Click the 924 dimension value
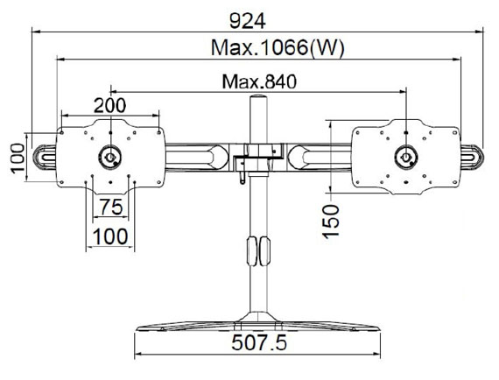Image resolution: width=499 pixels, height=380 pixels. coord(247,22)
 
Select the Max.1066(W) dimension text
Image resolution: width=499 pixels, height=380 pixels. coord(278,48)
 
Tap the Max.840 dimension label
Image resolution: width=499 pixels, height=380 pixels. coord(259,81)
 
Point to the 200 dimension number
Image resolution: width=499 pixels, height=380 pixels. coord(109,105)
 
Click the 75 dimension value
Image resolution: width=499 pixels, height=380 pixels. coord(111,207)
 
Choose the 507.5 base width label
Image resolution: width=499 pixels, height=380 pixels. coord(259,342)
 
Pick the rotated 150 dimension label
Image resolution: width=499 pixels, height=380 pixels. coord(331,222)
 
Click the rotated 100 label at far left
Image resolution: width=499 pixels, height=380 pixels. coord(18,158)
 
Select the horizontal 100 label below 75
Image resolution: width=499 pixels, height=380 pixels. coord(110,236)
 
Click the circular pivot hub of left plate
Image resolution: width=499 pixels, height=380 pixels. coord(110,157)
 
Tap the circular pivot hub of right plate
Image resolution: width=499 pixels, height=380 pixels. coord(406,157)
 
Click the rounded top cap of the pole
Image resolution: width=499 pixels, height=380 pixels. coord(258,96)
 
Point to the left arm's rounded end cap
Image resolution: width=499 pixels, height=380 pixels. coord(45,157)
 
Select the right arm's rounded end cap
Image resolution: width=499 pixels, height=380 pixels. coord(472,157)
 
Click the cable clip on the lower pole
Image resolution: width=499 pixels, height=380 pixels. coord(258,251)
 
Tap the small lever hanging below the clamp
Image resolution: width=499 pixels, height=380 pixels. coord(242,177)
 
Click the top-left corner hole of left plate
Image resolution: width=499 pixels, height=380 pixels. coord(62,132)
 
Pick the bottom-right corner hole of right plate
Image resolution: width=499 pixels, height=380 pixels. coord(454,182)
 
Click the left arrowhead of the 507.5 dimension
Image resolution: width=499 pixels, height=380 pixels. coord(137,354)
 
